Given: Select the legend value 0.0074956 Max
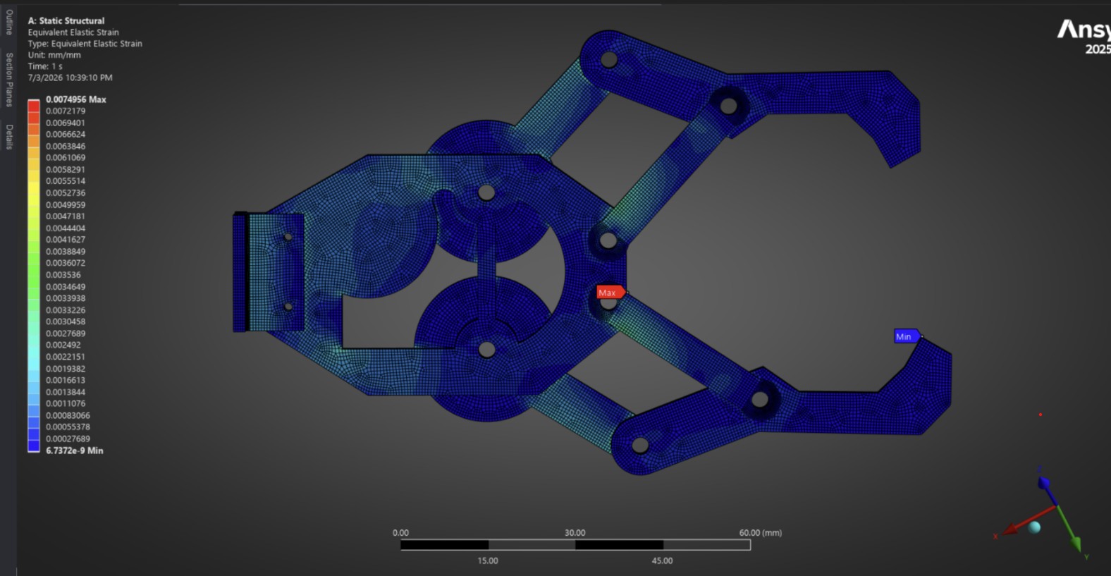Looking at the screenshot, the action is tap(76, 99).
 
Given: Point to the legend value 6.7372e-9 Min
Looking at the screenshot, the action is tap(75, 451).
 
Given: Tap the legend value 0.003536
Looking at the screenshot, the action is tap(63, 275).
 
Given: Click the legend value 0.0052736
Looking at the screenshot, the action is tap(66, 192).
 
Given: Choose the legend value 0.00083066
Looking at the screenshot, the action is tap(68, 415).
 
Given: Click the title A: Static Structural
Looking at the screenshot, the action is tap(66, 21).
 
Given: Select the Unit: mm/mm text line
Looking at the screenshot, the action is tap(54, 55).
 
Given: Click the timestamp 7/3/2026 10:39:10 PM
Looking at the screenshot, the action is tap(70, 78).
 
